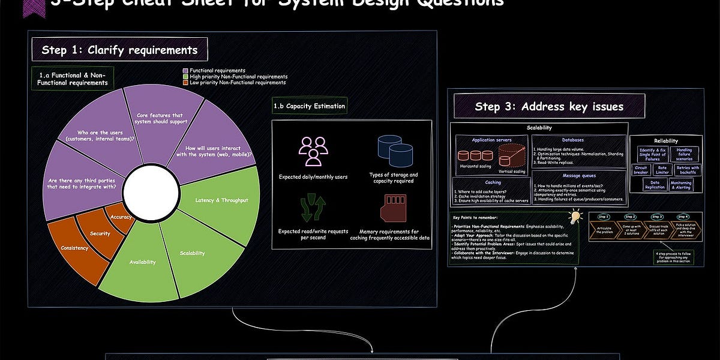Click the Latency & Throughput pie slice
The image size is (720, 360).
222,200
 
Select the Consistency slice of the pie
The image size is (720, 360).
74,247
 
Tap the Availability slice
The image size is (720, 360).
142,262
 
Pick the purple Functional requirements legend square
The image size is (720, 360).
185,71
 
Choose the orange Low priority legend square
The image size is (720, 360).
185,83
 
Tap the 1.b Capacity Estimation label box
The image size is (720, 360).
310,106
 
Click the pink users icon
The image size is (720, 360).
313,151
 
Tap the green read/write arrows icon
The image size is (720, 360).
313,208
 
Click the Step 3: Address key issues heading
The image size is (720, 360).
549,107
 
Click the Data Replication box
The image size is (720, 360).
655,184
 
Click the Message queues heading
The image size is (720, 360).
579,175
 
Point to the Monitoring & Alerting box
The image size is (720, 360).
680,184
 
